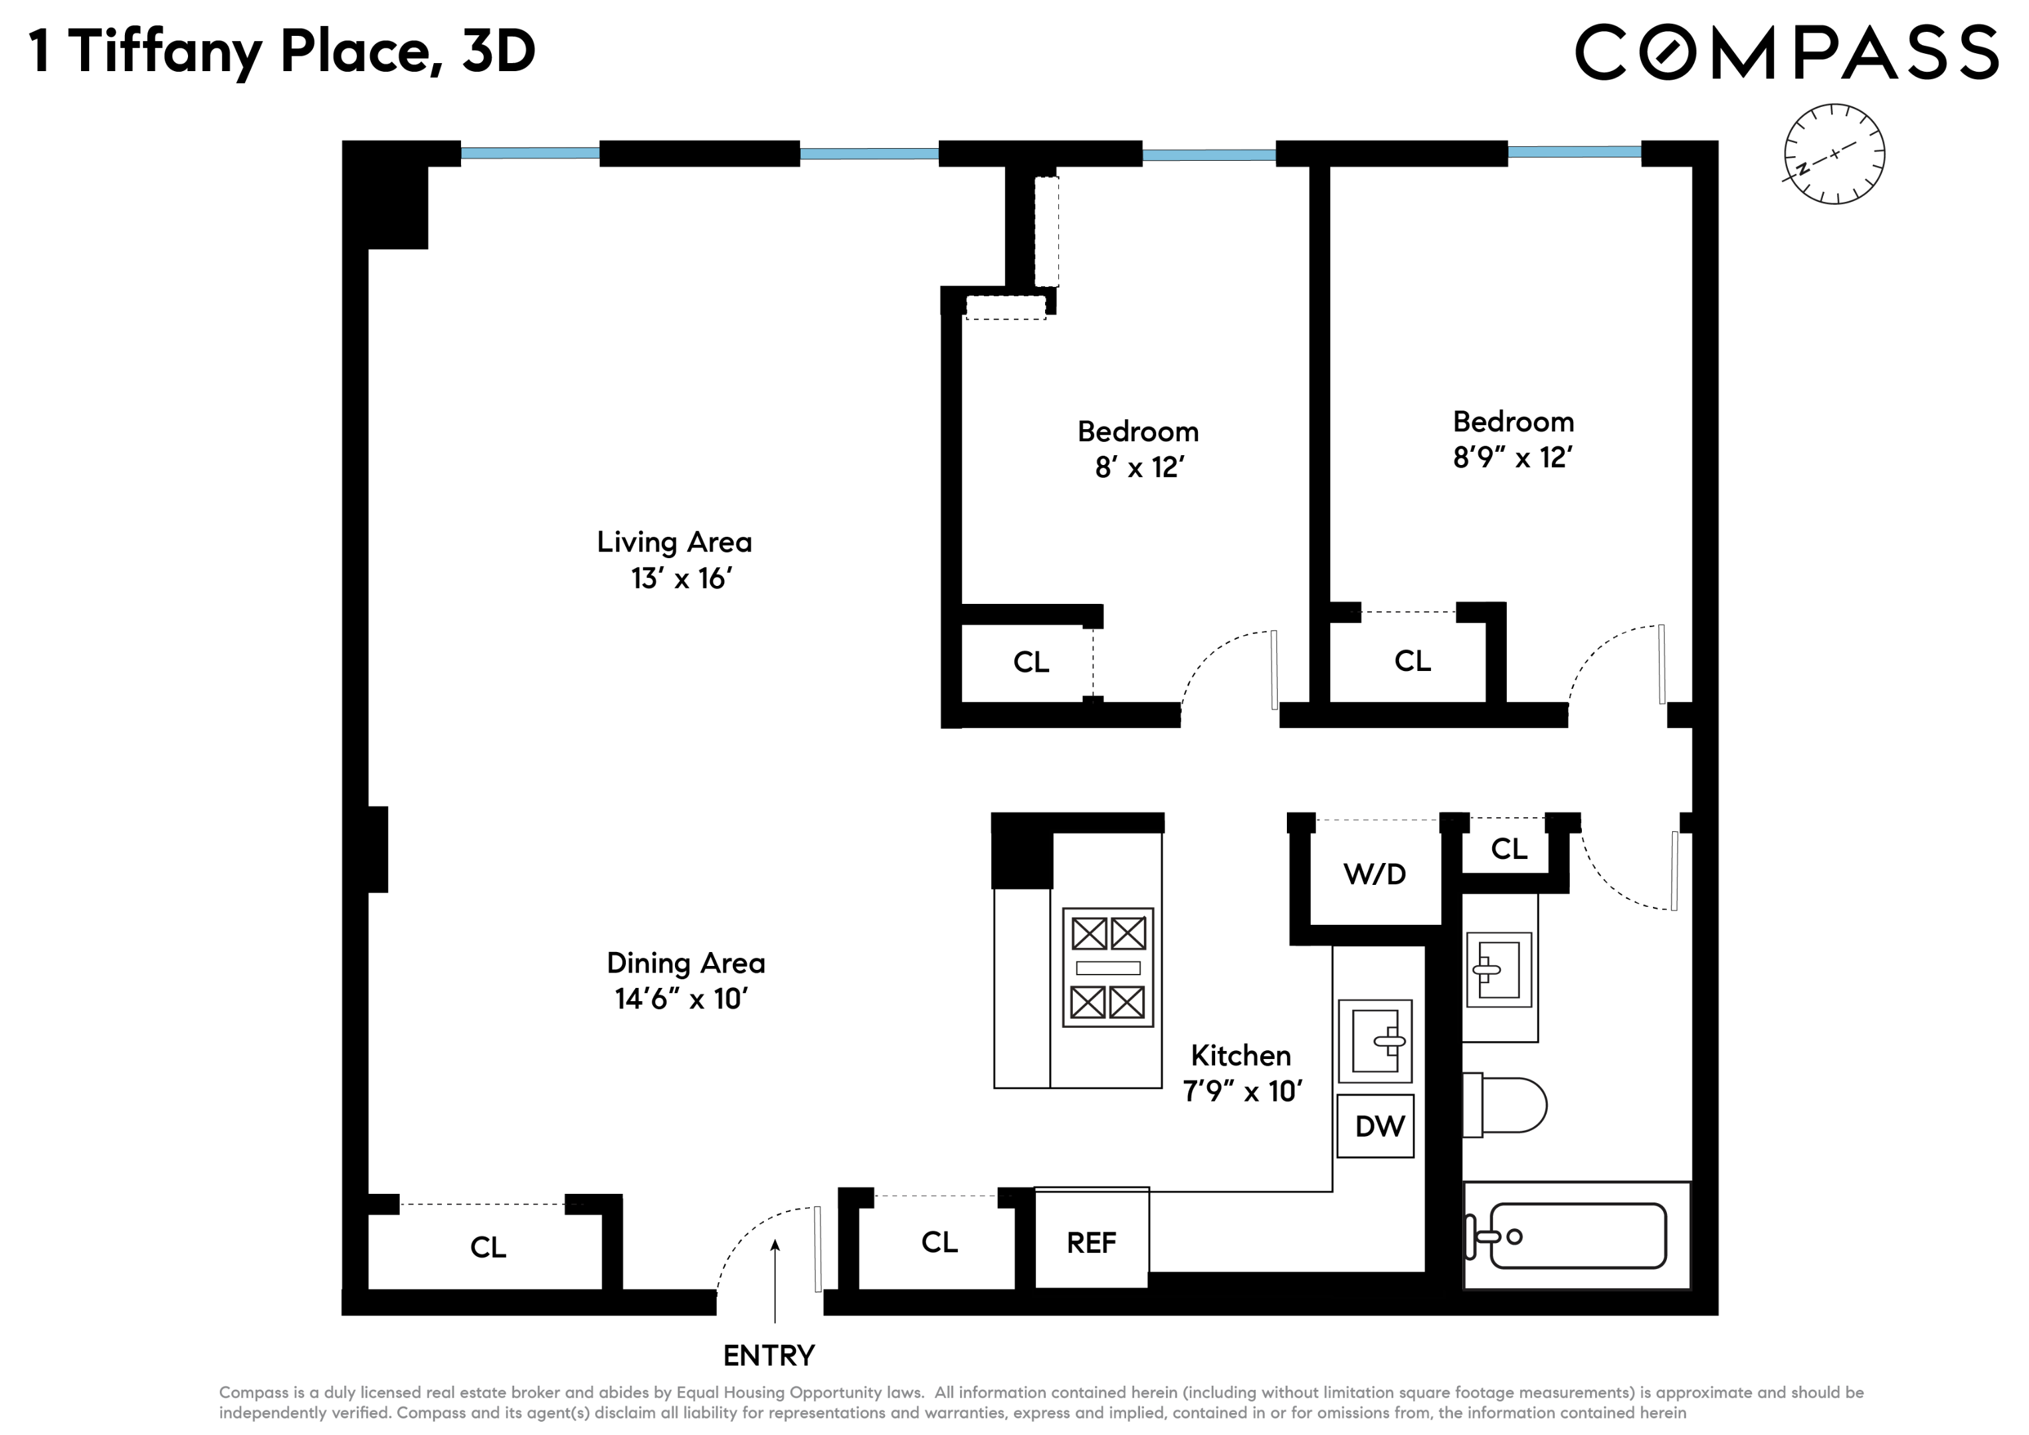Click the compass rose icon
tap(1834, 153)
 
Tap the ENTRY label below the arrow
tap(768, 1355)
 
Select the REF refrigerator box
tap(1092, 1242)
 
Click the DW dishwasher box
tap(1375, 1125)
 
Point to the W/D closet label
tap(1374, 874)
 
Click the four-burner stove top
tap(1108, 967)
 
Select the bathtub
tap(1577, 1235)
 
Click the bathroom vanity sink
tap(1498, 969)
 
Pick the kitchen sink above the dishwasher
tap(1375, 1041)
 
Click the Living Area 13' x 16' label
tap(675, 559)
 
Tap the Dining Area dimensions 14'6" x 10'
tap(682, 999)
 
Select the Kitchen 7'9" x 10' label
tap(1242, 1073)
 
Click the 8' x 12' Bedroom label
tap(1138, 449)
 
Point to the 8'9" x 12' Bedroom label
tap(1513, 439)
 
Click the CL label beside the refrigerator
tap(939, 1242)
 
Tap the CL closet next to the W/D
tap(1509, 848)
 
